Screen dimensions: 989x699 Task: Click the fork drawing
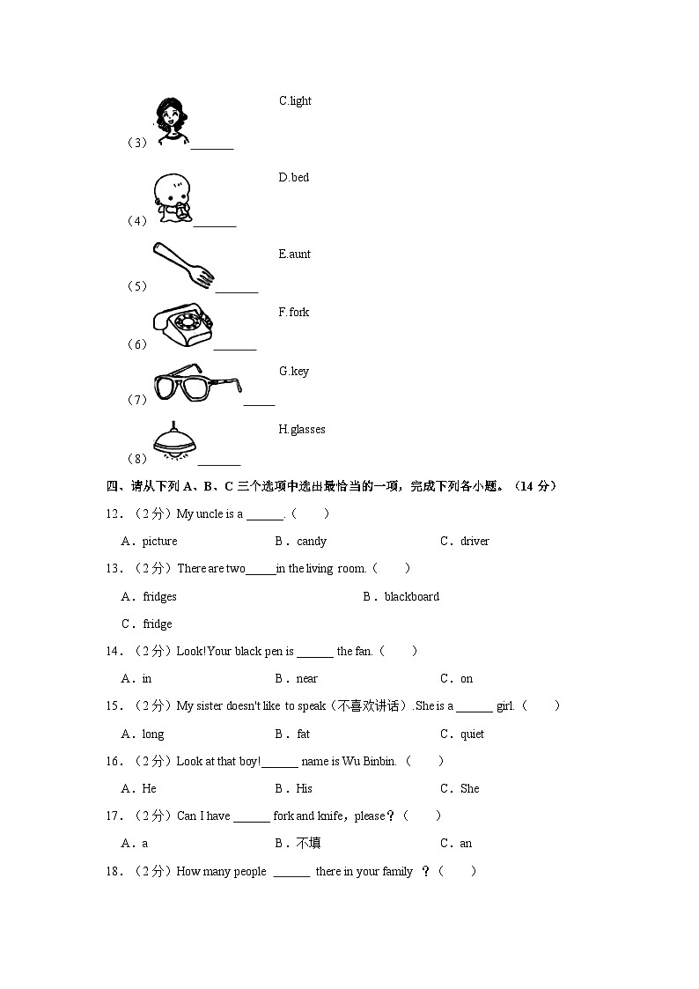pos(183,266)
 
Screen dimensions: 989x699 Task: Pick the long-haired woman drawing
pos(169,120)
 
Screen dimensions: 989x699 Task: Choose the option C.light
pos(295,101)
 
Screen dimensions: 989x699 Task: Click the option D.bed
pos(294,178)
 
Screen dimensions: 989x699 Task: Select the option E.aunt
pos(294,255)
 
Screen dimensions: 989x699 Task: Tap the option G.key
pos(294,372)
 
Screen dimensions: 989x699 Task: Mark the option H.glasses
pos(302,430)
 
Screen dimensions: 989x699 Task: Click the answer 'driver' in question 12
pos(475,542)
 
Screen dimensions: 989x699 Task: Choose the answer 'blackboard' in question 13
pos(411,597)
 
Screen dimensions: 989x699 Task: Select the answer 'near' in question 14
pos(306,679)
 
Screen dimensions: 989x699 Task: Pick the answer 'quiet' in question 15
pos(472,734)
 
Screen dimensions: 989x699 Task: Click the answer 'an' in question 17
pos(466,844)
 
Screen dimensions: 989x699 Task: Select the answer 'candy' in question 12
pos(312,542)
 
